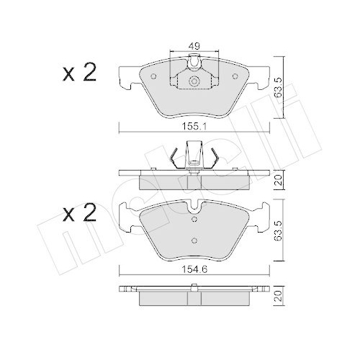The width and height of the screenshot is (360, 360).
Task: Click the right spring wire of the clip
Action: coord(213,156)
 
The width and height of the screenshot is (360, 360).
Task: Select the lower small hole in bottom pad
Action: coord(192,242)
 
